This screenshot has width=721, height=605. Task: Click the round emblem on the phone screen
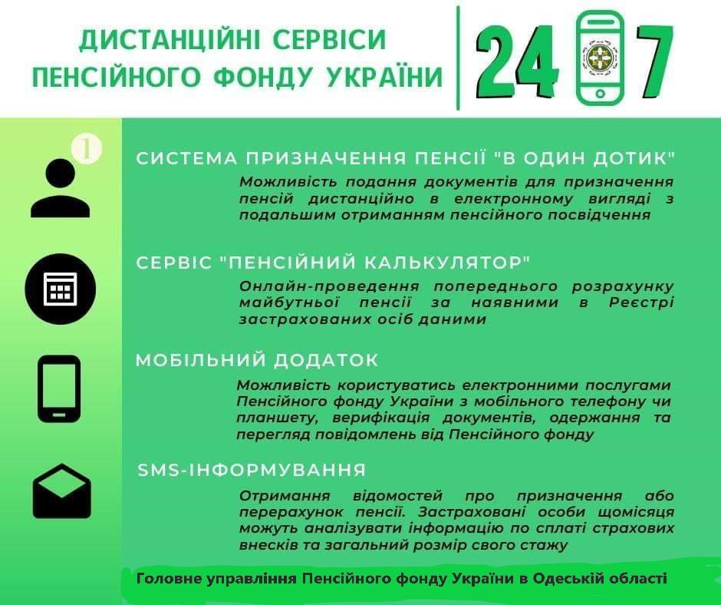coord(600,55)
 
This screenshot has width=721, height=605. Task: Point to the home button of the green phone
coord(600,94)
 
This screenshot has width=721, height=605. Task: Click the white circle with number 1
coord(87,149)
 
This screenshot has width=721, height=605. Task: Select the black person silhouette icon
coord(61,187)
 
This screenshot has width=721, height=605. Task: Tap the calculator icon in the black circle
coord(61,289)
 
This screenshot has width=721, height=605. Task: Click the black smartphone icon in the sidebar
coord(59,389)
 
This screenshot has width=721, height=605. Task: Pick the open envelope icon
coord(61,491)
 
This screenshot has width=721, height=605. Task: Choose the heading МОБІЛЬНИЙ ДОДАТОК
coord(257,360)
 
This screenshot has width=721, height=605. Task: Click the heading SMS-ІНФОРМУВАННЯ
coord(252,470)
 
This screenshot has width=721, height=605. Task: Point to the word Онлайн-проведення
coord(329,286)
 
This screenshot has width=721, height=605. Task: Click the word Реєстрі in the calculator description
coord(641,302)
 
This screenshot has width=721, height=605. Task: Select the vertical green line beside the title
coord(458,58)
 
